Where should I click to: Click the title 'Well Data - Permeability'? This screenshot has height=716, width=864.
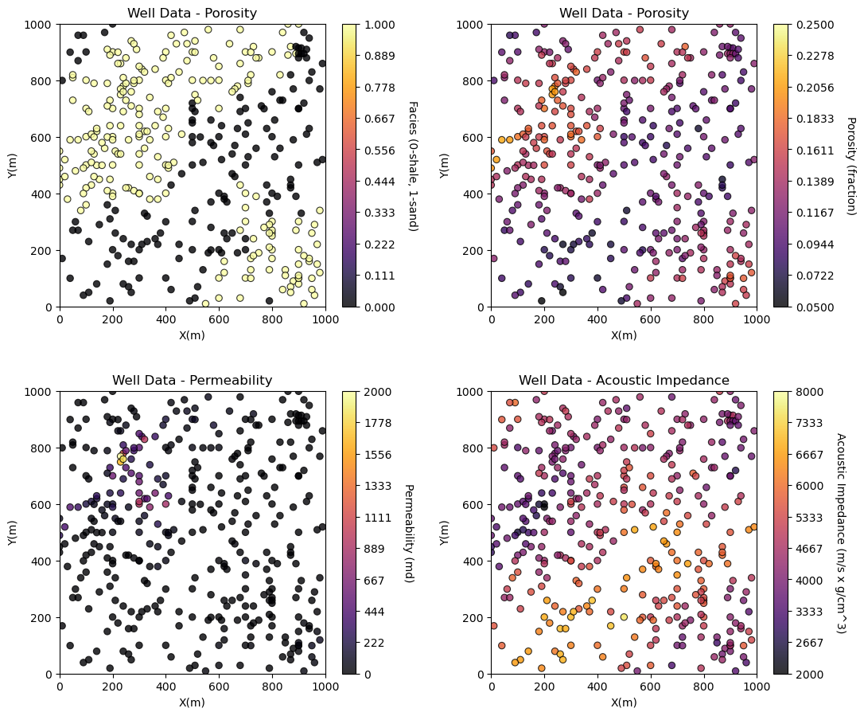point(192,381)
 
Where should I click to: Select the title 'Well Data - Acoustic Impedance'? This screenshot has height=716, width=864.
point(624,381)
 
